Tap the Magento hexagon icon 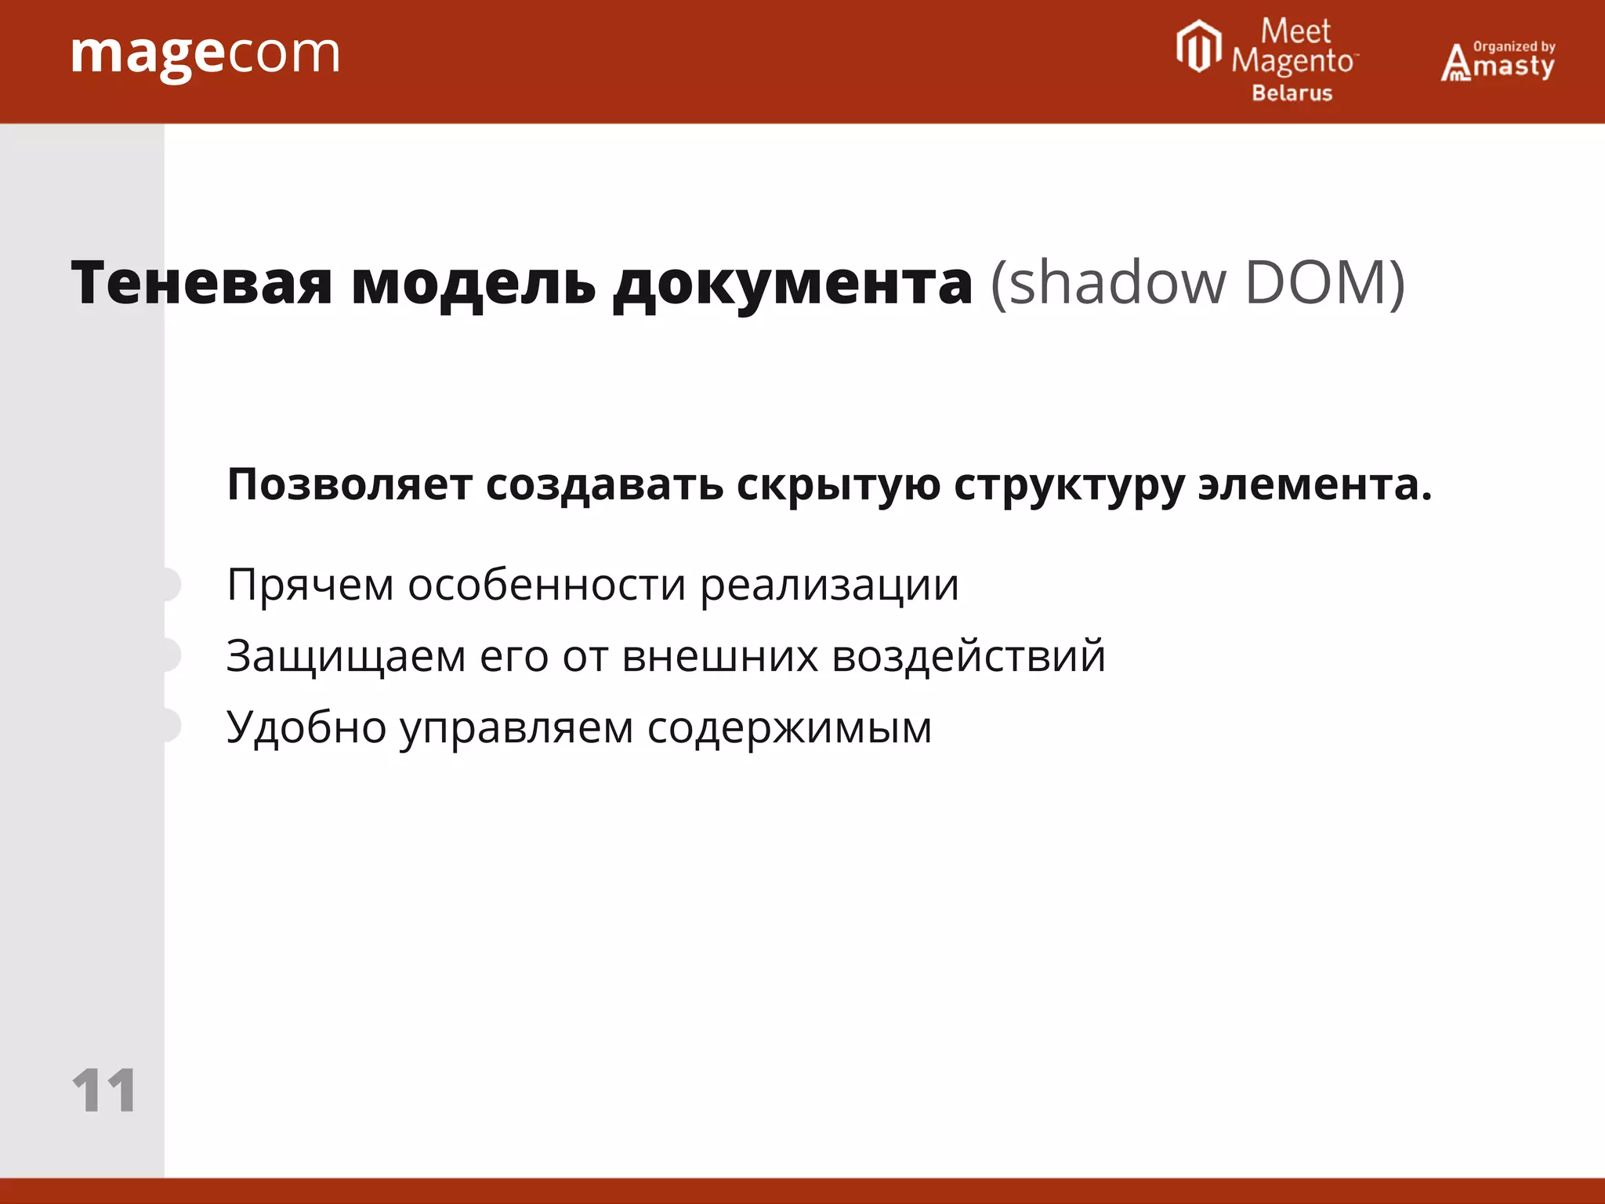(1198, 47)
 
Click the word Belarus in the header (1292, 93)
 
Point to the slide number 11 (103, 1090)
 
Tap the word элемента (1314, 484)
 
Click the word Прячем (310, 586)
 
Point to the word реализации (829, 586)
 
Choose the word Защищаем (346, 657)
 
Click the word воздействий (968, 655)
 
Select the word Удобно (306, 727)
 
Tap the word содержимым (789, 728)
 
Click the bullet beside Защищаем (170, 655)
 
